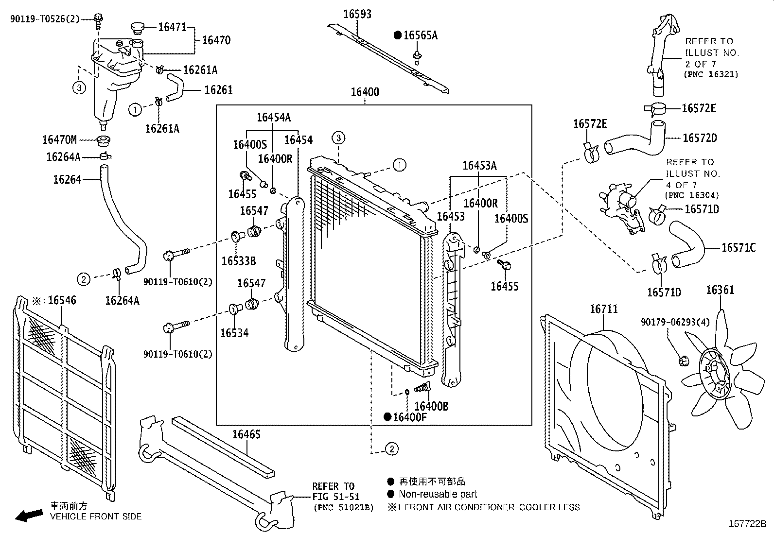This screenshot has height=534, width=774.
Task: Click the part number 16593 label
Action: point(357,14)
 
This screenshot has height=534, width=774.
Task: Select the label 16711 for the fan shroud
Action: point(604,309)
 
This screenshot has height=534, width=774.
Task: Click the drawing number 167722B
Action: point(747,524)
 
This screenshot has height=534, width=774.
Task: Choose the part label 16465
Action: point(246,434)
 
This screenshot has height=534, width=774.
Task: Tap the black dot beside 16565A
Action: point(398,35)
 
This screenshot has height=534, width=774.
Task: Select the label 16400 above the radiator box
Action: point(365,92)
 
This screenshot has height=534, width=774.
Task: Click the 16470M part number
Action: point(59,140)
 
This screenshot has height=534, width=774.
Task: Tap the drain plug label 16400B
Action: point(431,406)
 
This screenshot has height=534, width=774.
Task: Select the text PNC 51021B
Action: point(343,507)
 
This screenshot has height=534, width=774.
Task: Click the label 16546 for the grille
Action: point(62,300)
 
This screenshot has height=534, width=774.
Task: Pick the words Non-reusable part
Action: point(438,494)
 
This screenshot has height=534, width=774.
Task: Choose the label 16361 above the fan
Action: point(720,290)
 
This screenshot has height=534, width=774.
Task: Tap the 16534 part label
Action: point(234,333)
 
